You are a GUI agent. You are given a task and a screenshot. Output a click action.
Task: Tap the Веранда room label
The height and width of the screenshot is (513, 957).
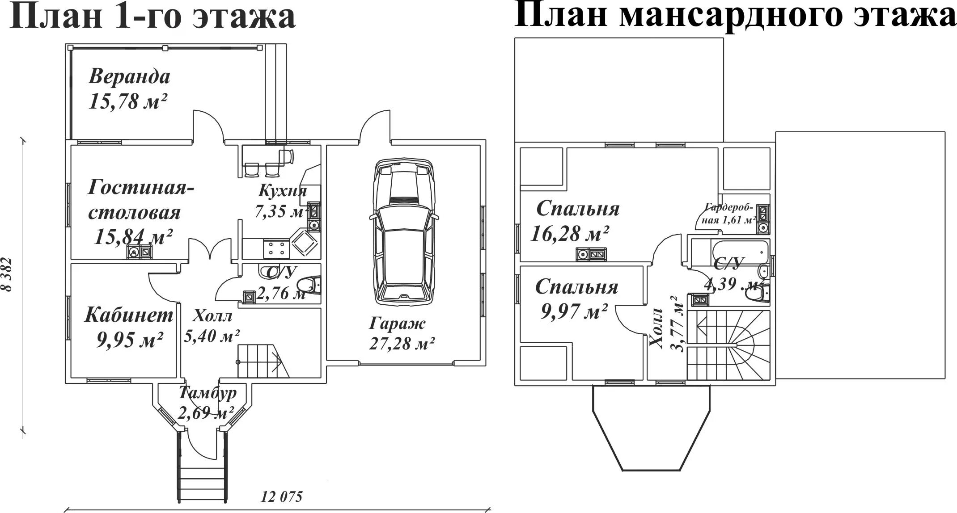(x=129, y=76)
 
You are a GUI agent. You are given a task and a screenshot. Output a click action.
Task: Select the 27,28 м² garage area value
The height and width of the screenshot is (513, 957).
(x=402, y=343)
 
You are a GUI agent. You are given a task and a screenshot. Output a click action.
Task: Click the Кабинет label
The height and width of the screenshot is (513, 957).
(x=129, y=315)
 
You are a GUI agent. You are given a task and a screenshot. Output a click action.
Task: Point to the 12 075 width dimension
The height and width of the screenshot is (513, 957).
(x=282, y=497)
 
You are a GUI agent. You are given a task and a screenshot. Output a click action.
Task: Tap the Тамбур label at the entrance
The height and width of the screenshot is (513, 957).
(x=207, y=393)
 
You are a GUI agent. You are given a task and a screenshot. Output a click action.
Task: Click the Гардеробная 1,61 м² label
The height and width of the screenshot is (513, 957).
(x=730, y=213)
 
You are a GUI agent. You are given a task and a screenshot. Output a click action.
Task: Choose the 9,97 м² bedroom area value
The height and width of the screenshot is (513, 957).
(x=574, y=311)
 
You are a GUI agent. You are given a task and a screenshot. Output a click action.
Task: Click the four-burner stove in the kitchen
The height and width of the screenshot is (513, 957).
(x=275, y=248)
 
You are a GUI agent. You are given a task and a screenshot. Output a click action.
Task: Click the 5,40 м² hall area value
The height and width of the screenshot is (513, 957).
(x=212, y=335)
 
